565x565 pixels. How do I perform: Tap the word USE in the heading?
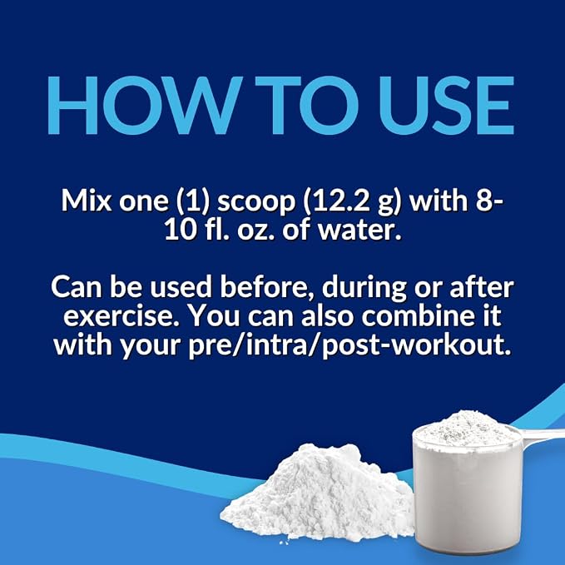click(x=446, y=105)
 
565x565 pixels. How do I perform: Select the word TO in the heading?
click(x=307, y=105)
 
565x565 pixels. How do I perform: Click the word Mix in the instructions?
click(x=87, y=201)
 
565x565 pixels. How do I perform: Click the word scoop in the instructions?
click(x=256, y=202)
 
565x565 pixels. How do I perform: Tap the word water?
click(x=359, y=230)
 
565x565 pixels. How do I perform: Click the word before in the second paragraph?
click(x=267, y=288)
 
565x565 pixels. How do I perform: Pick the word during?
click(x=364, y=289)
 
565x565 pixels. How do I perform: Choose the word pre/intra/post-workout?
click(x=349, y=346)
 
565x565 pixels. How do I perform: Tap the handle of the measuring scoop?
click(x=543, y=437)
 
